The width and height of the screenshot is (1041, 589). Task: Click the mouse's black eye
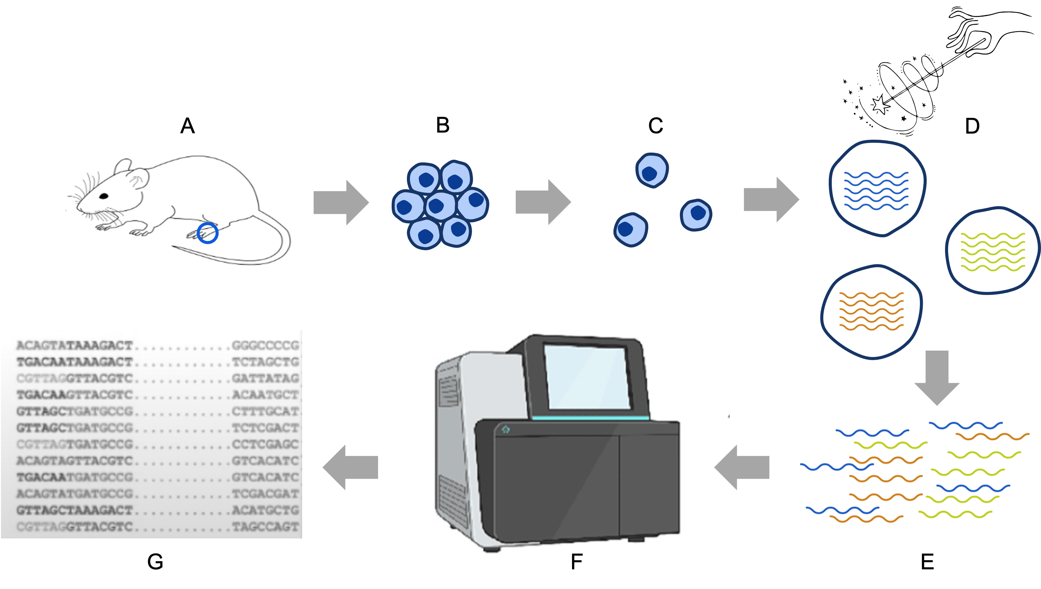104,196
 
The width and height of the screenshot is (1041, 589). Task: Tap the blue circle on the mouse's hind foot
208,233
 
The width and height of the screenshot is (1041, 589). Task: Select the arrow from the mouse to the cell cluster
341,202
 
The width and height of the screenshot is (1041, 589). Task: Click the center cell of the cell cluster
440,205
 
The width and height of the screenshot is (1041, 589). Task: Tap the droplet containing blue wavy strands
877,188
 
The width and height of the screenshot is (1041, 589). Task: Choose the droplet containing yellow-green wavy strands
993,251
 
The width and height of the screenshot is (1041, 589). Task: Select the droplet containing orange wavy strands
871,312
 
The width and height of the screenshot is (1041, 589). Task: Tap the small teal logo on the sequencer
506,429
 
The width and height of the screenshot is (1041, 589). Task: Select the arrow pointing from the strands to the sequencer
742,467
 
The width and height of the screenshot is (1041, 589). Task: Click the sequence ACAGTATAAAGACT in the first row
75,346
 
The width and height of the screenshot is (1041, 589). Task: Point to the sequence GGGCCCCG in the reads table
265,346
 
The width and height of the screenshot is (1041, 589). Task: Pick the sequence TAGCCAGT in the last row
265,527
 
